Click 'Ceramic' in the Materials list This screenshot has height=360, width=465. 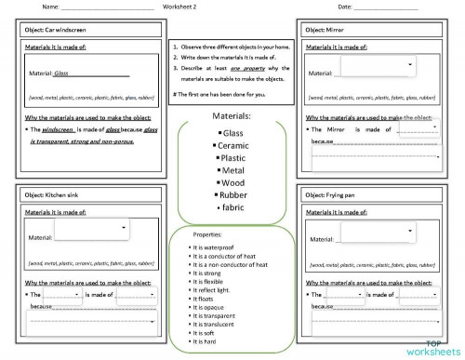[x=233, y=146]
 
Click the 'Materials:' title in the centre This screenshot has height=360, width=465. [x=232, y=117]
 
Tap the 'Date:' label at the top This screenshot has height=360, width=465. [x=345, y=7]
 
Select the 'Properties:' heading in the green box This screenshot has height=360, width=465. [x=207, y=235]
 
